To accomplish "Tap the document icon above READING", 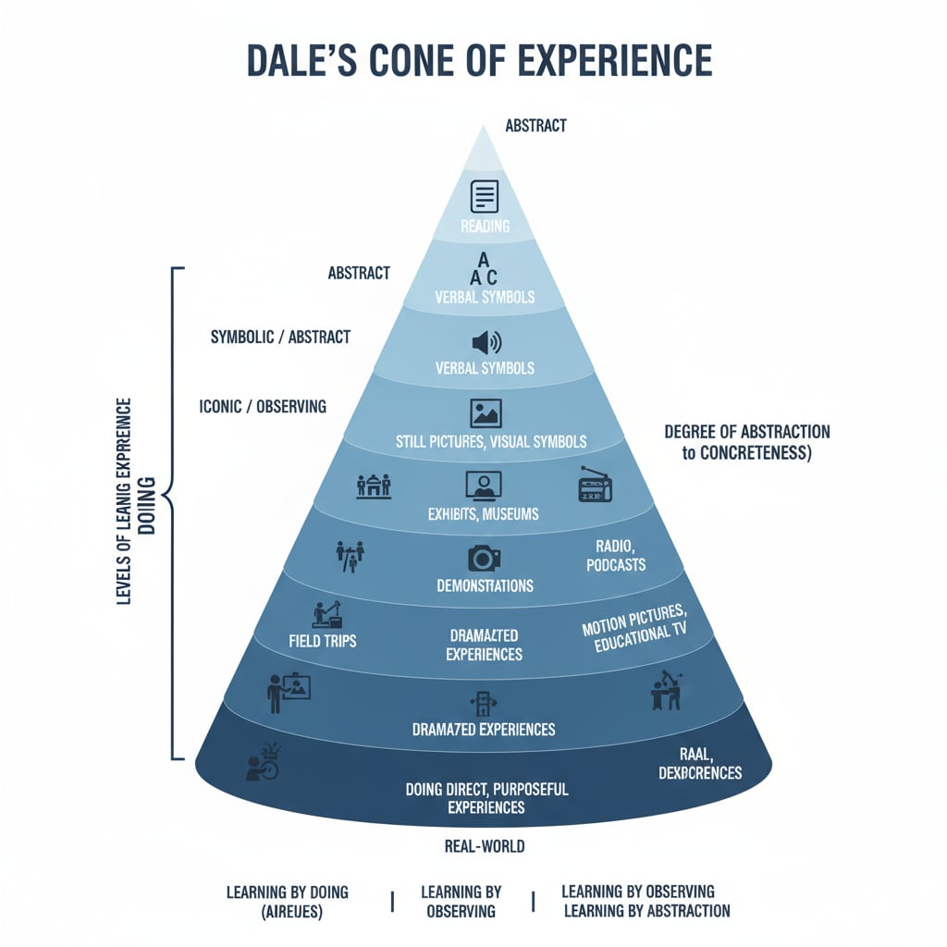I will pyautogui.click(x=485, y=195).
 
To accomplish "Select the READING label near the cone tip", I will pyautogui.click(x=485, y=227).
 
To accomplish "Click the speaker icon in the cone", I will pyautogui.click(x=485, y=343).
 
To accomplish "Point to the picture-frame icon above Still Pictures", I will pyautogui.click(x=485, y=412).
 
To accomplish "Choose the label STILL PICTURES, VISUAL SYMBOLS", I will pyautogui.click(x=490, y=441).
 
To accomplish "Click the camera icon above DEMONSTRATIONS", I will pyautogui.click(x=484, y=557).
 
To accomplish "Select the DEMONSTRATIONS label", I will pyautogui.click(x=485, y=585).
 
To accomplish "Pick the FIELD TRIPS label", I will pyautogui.click(x=323, y=640).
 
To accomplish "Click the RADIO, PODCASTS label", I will pyautogui.click(x=616, y=556).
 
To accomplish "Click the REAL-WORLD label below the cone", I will pyautogui.click(x=485, y=845).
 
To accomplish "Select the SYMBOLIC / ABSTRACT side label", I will pyautogui.click(x=280, y=337).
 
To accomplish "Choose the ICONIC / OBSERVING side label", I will pyautogui.click(x=263, y=406).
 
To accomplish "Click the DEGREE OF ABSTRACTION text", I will pyautogui.click(x=747, y=432).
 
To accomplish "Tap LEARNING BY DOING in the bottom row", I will pyautogui.click(x=288, y=892).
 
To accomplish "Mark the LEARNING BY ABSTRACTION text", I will pyautogui.click(x=646, y=911).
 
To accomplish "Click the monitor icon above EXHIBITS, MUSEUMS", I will pyautogui.click(x=484, y=485).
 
